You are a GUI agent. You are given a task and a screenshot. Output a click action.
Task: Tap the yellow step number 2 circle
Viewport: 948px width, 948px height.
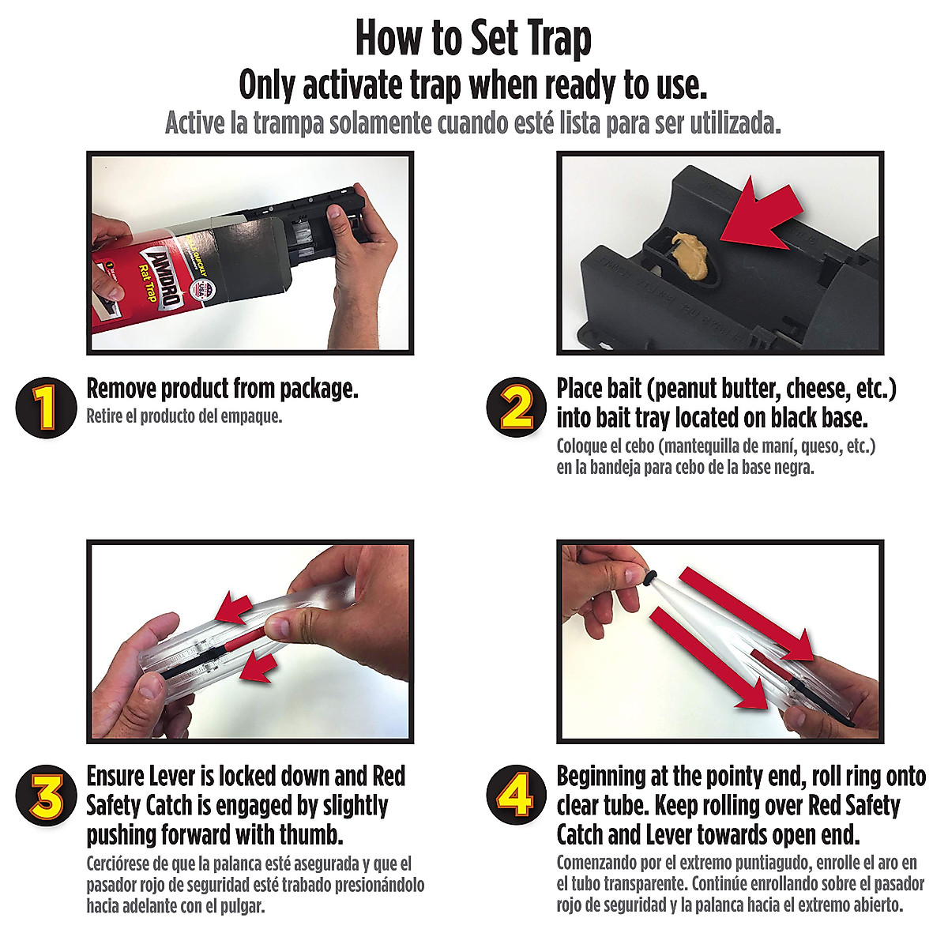pos(517,408)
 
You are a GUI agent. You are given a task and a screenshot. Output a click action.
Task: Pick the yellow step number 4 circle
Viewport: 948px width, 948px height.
pos(517,796)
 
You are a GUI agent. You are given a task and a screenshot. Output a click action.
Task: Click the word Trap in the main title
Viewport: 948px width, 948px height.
pos(551,38)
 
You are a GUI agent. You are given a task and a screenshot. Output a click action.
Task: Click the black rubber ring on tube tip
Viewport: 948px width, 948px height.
pos(649,579)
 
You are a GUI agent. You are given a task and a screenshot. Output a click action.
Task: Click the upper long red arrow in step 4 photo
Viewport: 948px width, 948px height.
pos(747,612)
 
